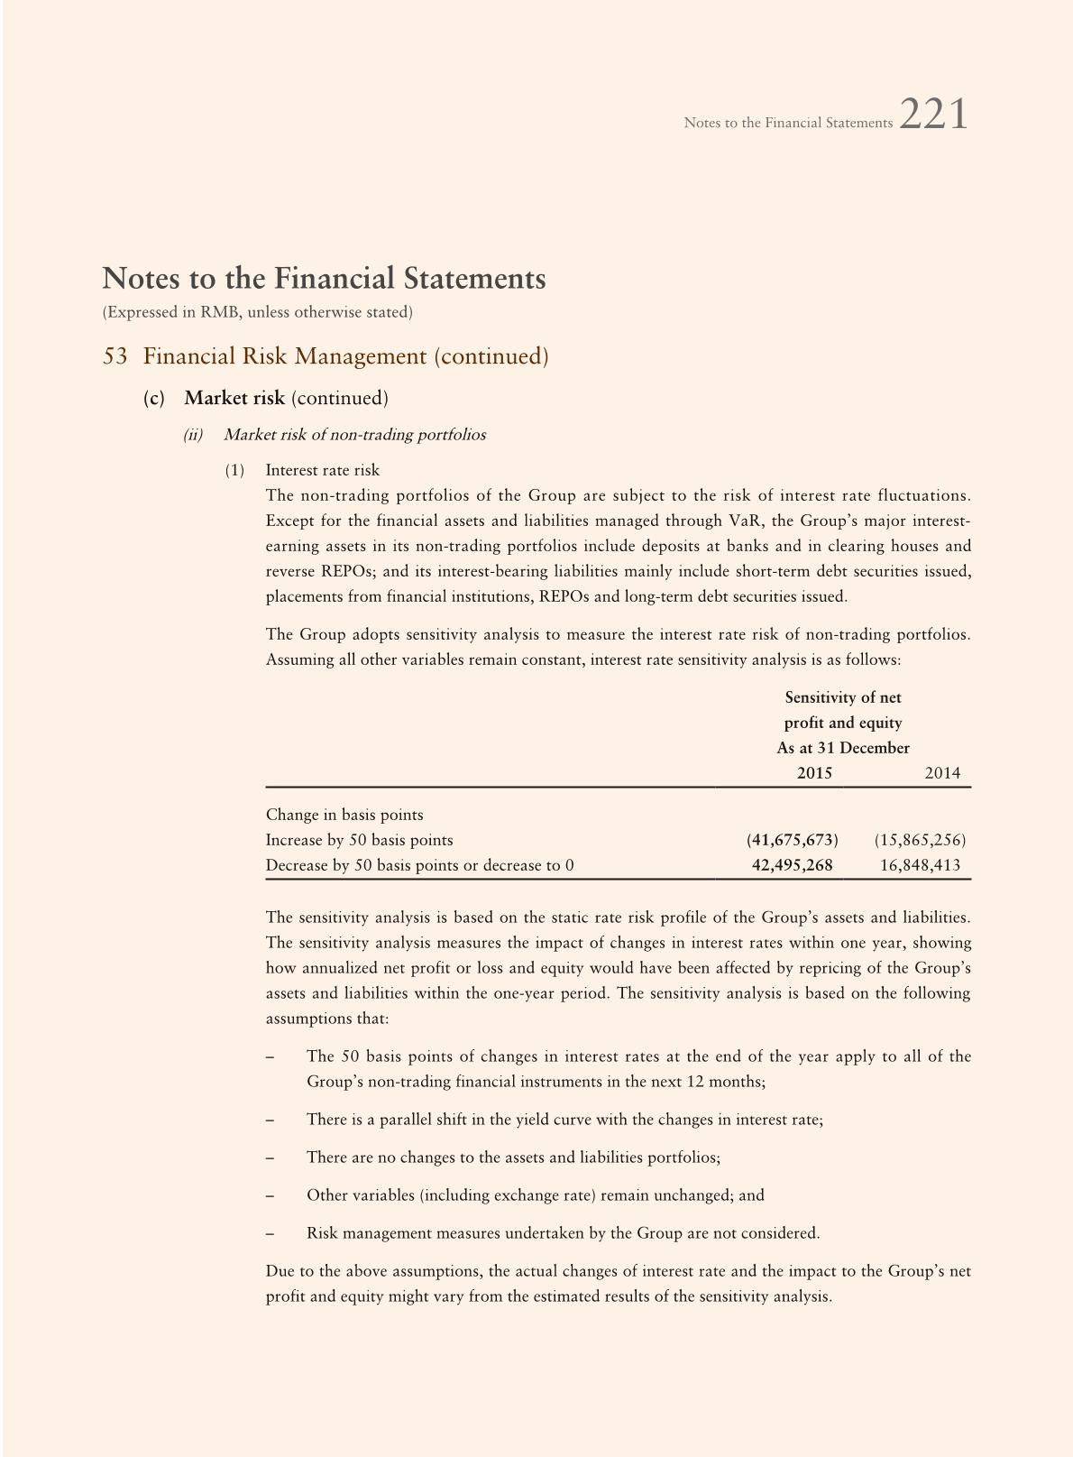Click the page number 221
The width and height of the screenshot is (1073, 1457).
[934, 115]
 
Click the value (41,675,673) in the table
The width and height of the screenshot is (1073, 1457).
[792, 840]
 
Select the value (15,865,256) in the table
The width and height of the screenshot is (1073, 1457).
[920, 840]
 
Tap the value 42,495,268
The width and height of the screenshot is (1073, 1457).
[792, 865]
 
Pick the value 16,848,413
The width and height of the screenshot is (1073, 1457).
[920, 865]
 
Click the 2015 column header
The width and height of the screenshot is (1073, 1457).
[814, 773]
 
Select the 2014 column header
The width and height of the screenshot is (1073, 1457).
[942, 773]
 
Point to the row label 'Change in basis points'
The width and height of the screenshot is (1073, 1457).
[344, 815]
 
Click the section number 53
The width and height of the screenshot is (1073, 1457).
[115, 356]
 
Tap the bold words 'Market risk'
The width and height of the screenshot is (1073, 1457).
[234, 398]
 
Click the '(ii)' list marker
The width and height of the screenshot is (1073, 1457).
[193, 435]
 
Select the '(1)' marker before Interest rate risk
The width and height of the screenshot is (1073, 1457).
[234, 470]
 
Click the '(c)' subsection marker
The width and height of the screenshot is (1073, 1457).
[154, 398]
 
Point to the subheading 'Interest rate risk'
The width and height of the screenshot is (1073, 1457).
[323, 470]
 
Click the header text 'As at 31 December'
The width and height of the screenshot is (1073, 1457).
[843, 748]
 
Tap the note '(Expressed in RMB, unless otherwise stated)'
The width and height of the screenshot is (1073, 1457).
[258, 312]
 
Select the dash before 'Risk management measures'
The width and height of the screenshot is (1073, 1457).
[270, 1233]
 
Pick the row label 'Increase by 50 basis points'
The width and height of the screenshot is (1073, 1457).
[359, 840]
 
